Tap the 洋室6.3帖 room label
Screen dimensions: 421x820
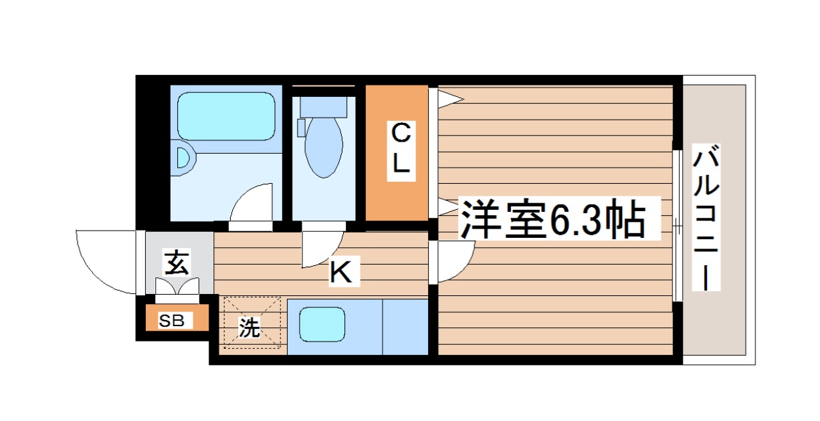point(552,219)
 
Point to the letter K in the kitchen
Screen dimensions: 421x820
point(340,272)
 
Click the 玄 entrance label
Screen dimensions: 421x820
point(176,263)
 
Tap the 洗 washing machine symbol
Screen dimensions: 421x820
point(249,328)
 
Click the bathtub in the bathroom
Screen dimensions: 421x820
point(226,116)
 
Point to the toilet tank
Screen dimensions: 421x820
point(324,106)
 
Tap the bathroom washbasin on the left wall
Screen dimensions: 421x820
point(183,160)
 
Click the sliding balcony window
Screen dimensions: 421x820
point(678,225)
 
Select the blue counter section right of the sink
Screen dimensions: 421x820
point(405,327)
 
